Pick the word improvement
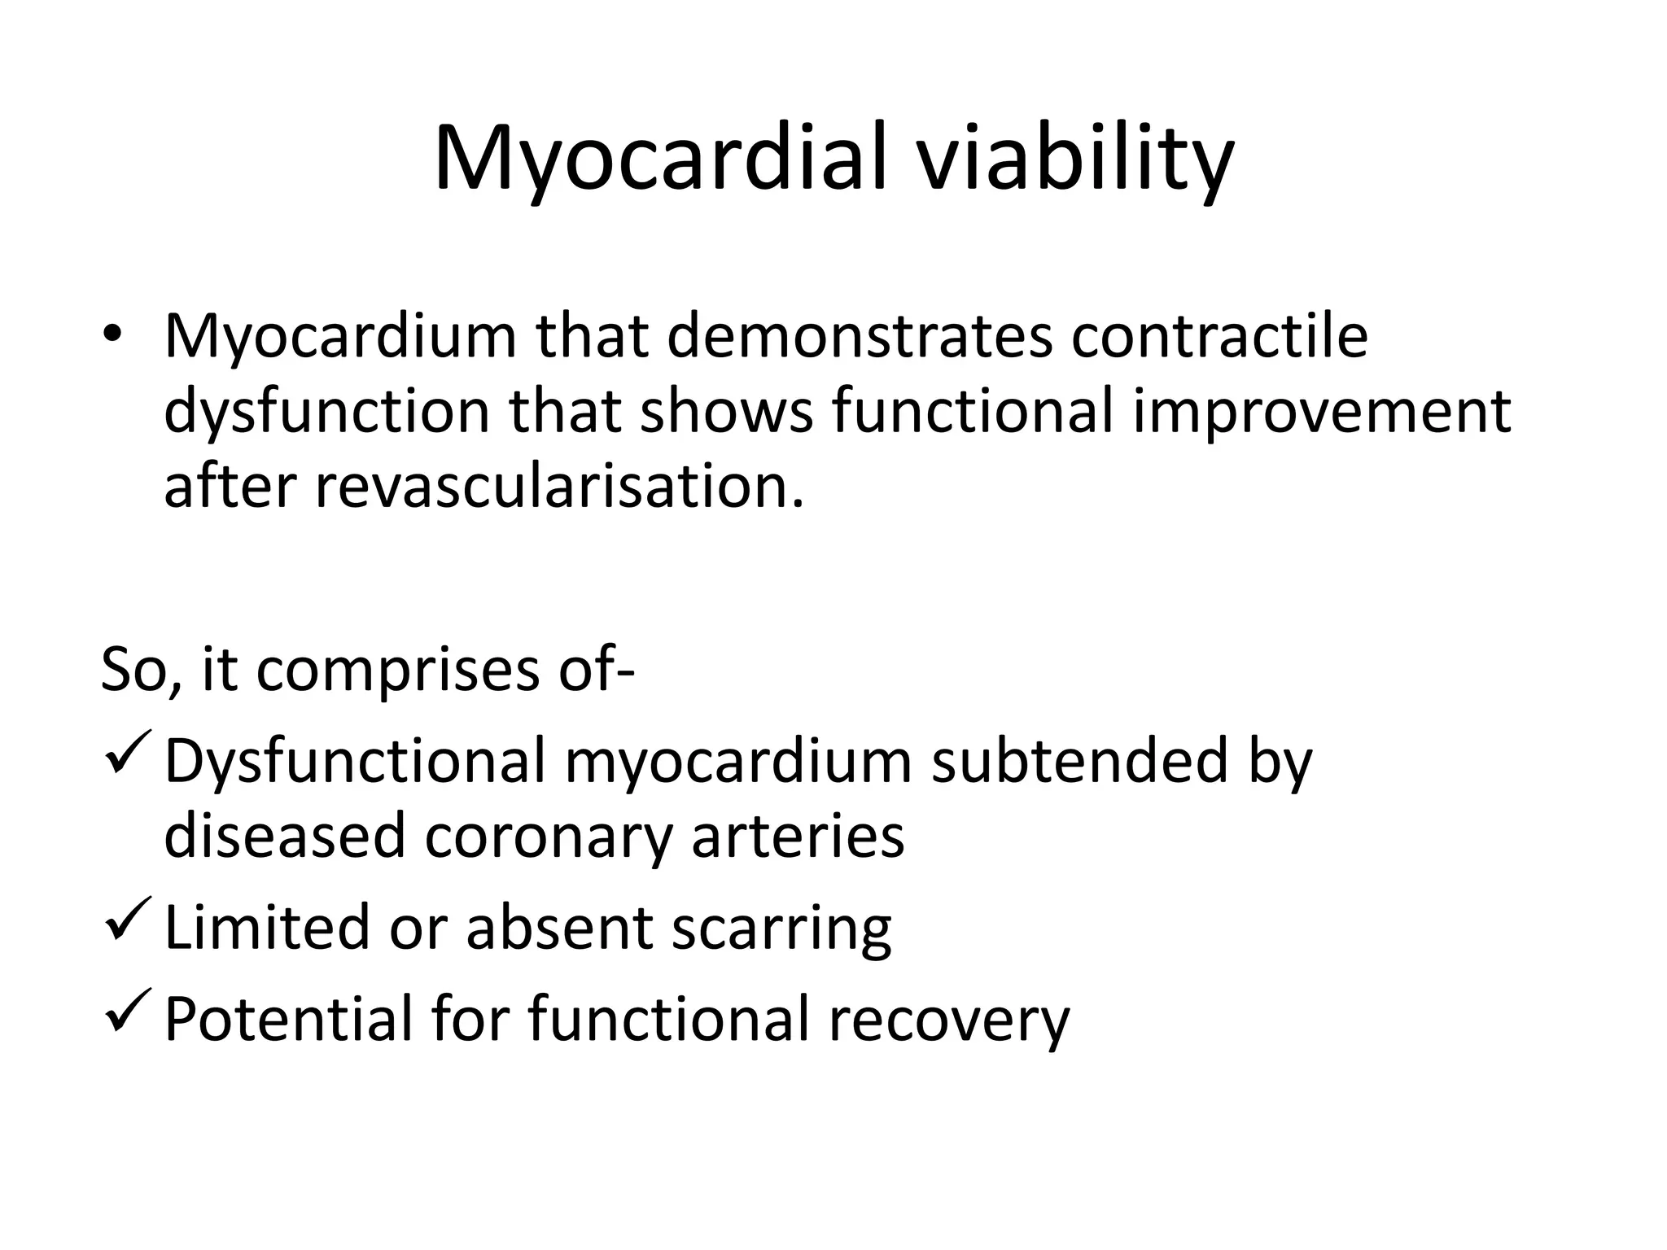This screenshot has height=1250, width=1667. coord(1323,411)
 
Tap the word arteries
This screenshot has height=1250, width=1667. coord(798,836)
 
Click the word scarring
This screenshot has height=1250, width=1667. coord(781,928)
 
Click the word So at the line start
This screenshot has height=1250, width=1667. coord(133,669)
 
